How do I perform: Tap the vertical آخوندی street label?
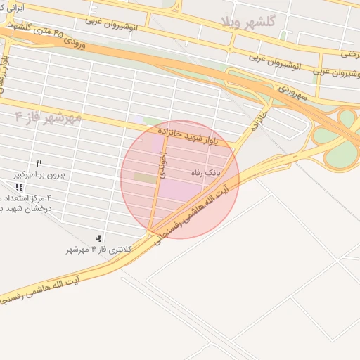coord(162,163)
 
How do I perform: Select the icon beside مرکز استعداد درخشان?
coord(19,187)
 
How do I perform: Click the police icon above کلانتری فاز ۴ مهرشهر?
coord(98,239)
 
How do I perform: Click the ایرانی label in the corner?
coord(13,8)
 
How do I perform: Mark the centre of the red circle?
coord(180,179)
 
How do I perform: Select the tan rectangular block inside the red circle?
coord(146,179)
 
